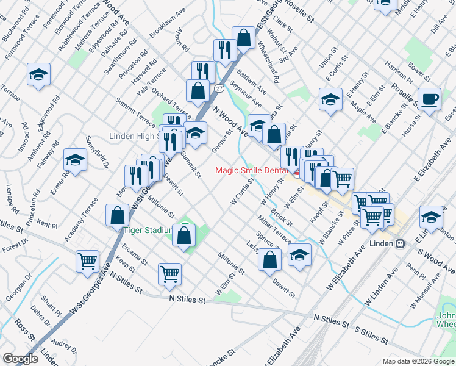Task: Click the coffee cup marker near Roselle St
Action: coord(430,99)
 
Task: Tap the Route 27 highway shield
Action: coord(218,88)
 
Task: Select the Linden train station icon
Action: coord(401,243)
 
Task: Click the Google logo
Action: coord(20,359)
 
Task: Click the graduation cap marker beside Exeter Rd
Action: coord(75,160)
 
